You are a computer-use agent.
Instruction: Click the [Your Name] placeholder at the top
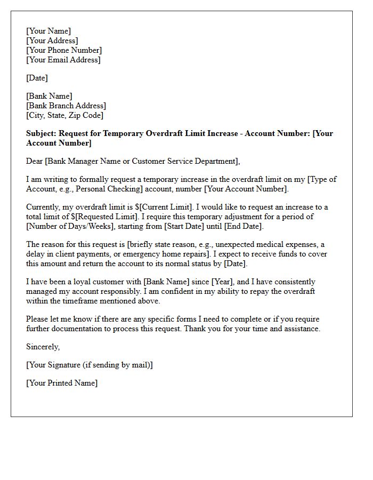[48, 31]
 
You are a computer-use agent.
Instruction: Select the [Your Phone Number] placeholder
[64, 50]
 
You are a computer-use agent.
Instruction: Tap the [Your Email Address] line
[63, 60]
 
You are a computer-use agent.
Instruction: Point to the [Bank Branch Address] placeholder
[66, 106]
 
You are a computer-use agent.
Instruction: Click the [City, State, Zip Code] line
[64, 115]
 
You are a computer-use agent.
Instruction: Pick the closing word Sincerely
[43, 347]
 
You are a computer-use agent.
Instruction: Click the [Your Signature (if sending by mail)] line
[89, 365]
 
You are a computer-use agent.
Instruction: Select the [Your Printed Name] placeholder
[62, 383]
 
